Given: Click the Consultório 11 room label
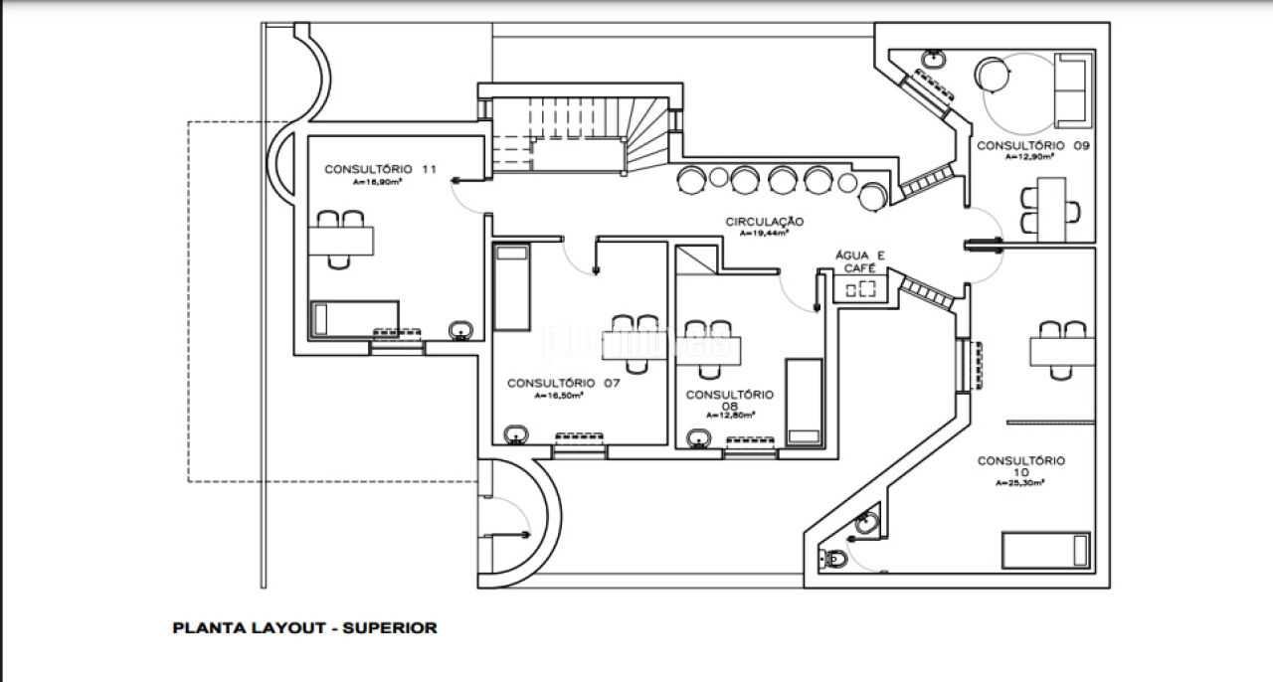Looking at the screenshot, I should tap(380, 169).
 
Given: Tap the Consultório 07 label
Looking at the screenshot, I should tap(564, 383).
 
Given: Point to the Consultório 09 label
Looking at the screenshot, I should tap(1033, 145).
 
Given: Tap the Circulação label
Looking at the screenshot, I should tap(764, 222).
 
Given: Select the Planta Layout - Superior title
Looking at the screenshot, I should tap(304, 627).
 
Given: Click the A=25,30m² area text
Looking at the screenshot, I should tap(1019, 483).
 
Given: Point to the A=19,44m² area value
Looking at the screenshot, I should tap(763, 234).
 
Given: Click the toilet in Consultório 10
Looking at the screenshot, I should tap(833, 560).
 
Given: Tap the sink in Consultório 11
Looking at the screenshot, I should tap(460, 328).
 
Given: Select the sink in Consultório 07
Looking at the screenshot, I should tap(516, 433).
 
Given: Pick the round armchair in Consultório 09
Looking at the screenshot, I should tap(994, 74).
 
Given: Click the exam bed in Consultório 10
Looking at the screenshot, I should tap(1045, 550).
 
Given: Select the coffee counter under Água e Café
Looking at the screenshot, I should tap(859, 288).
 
